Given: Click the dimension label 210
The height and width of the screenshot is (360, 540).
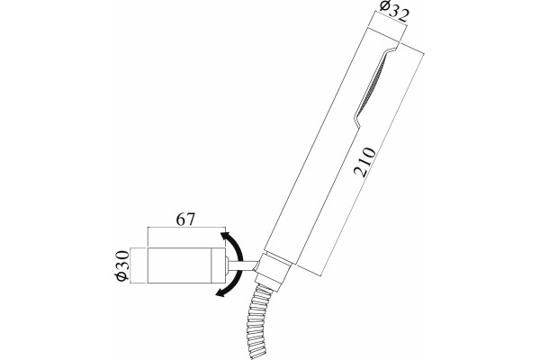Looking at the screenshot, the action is (365, 162).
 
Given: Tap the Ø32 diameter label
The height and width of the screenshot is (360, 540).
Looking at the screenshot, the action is (395, 11).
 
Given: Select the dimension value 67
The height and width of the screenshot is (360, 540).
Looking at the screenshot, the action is (185, 219).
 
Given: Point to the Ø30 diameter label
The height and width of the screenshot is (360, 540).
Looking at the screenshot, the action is (122, 265).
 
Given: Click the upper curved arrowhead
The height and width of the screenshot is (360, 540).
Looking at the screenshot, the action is (226, 238).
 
